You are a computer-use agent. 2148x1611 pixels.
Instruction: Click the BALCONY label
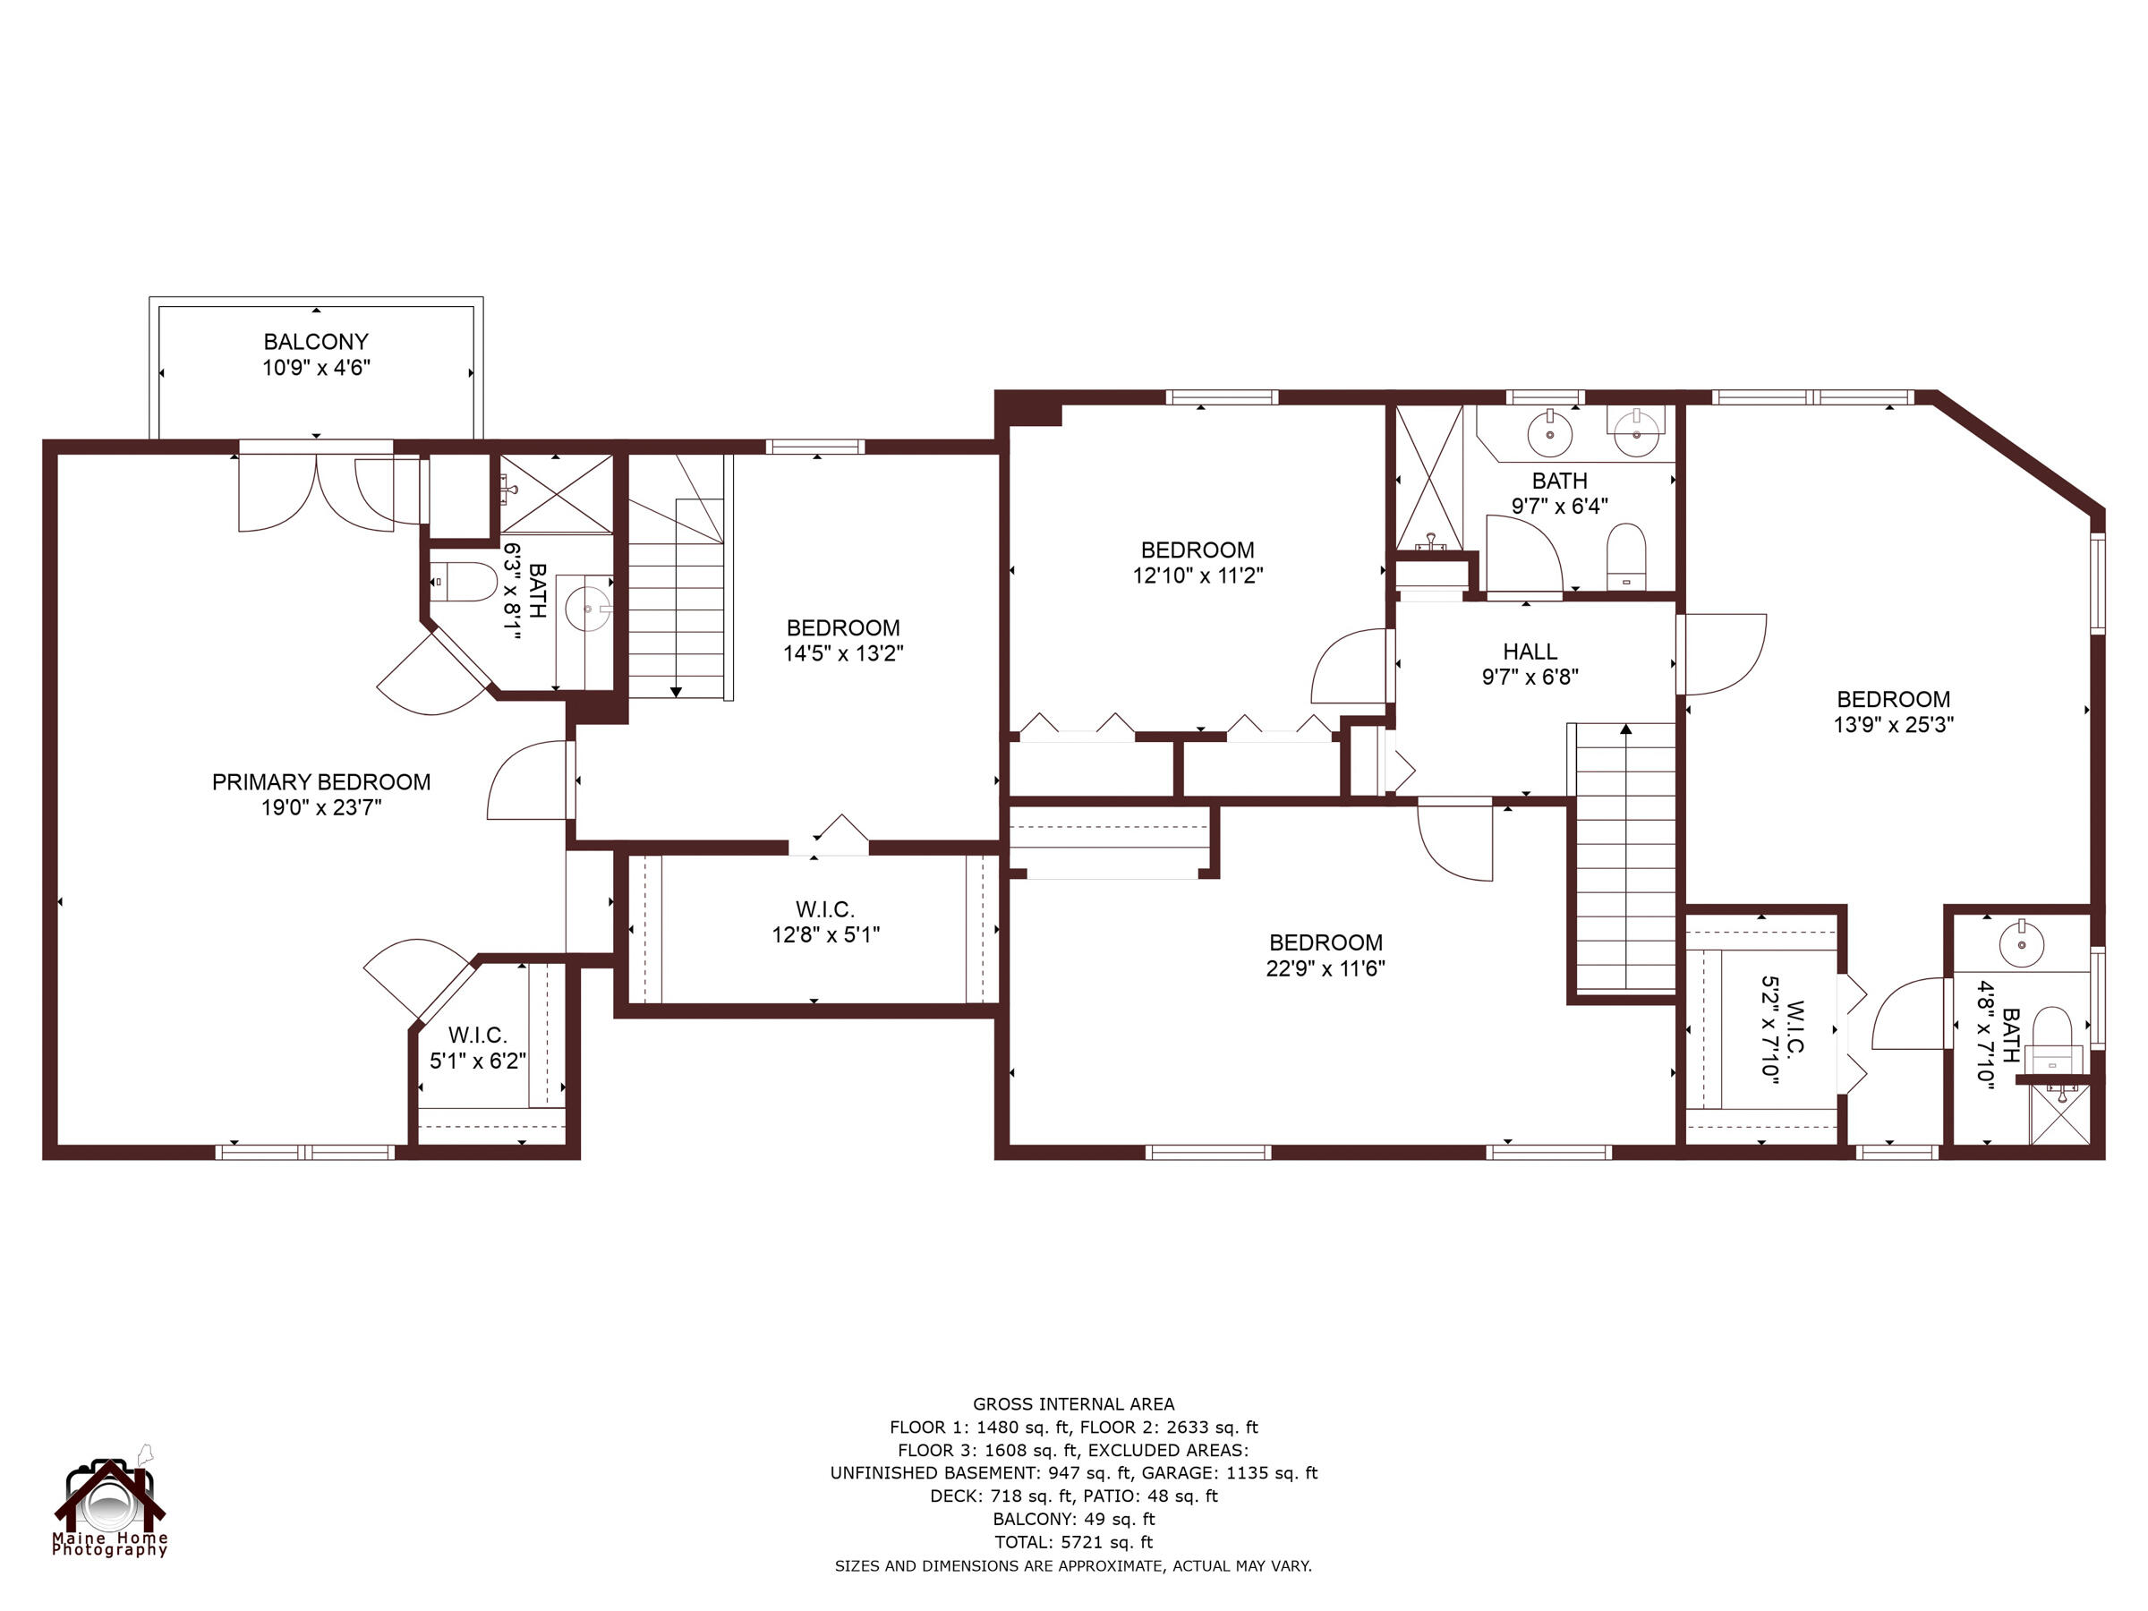click(316, 342)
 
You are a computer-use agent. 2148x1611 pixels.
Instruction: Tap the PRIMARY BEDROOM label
click(320, 781)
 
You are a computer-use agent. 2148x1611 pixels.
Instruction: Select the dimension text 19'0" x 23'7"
click(320, 807)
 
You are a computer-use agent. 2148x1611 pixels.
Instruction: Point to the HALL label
click(1530, 652)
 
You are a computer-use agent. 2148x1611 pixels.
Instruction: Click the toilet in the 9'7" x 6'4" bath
click(1625, 556)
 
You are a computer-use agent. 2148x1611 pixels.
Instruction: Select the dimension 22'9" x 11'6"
click(1325, 968)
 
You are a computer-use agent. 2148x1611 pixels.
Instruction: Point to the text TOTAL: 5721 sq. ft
click(1073, 1542)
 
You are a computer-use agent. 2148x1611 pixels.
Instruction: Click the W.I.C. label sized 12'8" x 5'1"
click(824, 909)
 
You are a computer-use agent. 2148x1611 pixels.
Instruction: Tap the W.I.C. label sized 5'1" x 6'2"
click(477, 1036)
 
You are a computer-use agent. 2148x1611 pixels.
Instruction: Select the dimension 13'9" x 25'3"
click(1893, 724)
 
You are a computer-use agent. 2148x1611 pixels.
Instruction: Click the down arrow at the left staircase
click(676, 692)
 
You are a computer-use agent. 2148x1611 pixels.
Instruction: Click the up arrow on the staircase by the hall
click(1625, 729)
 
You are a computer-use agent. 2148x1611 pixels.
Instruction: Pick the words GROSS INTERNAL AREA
click(1073, 1403)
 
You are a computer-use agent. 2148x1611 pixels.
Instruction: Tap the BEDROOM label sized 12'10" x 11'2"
click(1197, 550)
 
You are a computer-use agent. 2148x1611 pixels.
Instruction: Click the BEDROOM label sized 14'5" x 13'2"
click(842, 627)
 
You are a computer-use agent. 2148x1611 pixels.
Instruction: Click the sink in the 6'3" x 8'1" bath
click(587, 609)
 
